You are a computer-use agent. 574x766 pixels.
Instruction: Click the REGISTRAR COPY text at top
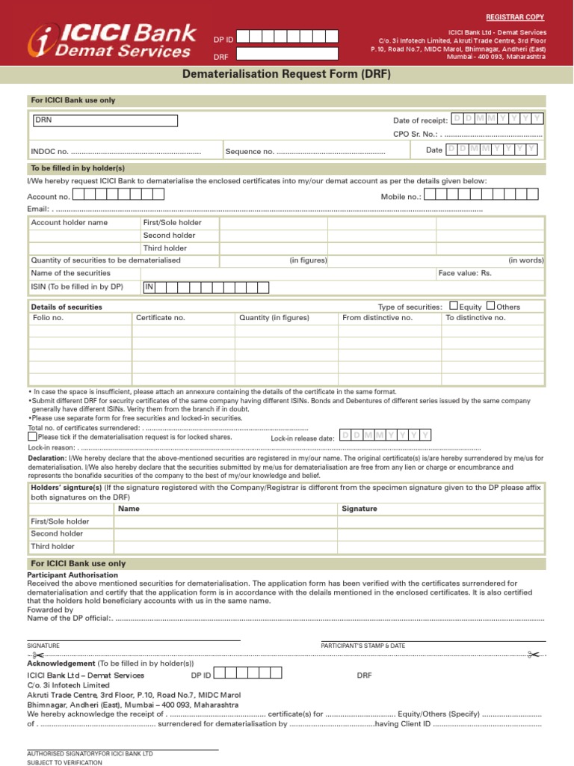click(x=516, y=16)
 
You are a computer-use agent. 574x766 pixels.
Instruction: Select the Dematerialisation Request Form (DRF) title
click(x=287, y=75)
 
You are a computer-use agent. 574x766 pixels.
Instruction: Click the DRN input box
click(x=104, y=120)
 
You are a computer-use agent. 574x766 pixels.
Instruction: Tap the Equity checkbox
click(x=453, y=305)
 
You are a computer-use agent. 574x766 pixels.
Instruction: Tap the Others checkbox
click(x=490, y=305)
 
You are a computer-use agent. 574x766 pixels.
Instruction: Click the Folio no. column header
click(x=49, y=318)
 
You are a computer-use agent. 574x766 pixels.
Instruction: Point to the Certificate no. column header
click(x=160, y=318)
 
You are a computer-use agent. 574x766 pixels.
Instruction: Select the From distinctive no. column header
click(x=377, y=318)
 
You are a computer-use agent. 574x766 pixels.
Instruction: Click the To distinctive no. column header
click(x=475, y=318)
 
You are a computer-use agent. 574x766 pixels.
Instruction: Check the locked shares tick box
click(x=32, y=436)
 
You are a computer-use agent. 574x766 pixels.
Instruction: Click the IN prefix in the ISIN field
click(x=149, y=287)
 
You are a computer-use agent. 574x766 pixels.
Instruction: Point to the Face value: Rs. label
click(x=465, y=273)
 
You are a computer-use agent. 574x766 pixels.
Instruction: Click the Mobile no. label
click(x=401, y=196)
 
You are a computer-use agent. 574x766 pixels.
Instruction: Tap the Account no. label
click(x=49, y=197)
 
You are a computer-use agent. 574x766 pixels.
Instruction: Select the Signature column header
click(x=359, y=509)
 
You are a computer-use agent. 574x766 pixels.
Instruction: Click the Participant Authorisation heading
click(x=72, y=575)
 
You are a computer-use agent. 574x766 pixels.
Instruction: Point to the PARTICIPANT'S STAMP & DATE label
click(x=363, y=645)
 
